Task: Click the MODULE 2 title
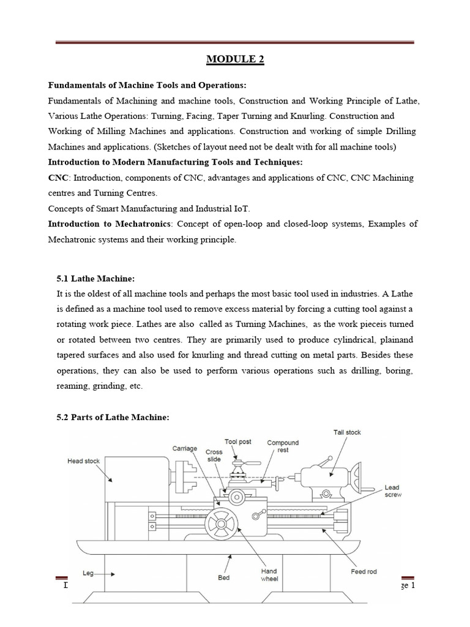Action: click(235, 59)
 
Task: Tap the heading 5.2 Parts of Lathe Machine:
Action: click(112, 417)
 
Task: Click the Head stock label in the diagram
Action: click(83, 461)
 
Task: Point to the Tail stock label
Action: click(346, 432)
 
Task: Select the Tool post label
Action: click(238, 441)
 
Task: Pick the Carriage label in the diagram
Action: click(184, 448)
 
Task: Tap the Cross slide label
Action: click(214, 456)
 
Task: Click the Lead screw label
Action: click(392, 491)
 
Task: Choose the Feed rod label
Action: click(364, 572)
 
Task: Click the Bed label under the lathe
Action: click(224, 577)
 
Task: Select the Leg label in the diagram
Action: click(88, 574)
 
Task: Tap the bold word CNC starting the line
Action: click(58, 178)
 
